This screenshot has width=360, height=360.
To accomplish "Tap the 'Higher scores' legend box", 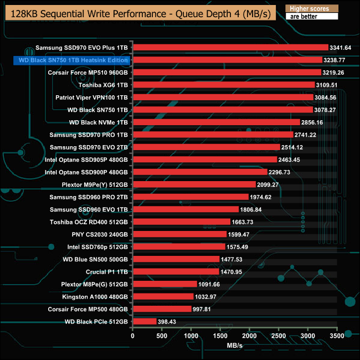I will pos(311,9).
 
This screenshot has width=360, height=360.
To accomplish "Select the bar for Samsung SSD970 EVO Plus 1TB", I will pos(230,48).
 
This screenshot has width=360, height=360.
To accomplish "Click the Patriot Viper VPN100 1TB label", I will pos(92,97).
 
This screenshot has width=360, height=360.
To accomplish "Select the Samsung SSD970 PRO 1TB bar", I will pos(213,135).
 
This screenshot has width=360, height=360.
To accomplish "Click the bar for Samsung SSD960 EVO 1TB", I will pos(185,209).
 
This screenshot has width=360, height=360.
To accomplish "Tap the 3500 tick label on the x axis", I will pos(337,336).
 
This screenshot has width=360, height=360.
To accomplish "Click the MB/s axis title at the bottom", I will pos(235,346).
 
